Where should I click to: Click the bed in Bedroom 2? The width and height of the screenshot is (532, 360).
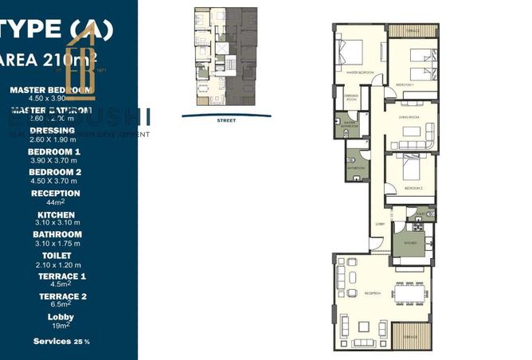tap(409, 171)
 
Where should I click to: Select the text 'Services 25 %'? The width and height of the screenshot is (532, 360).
tap(61, 341)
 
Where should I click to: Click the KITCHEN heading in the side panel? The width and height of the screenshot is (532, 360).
tap(56, 215)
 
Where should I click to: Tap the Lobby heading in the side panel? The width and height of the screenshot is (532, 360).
tap(56, 315)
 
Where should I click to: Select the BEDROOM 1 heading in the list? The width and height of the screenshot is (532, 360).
tap(54, 151)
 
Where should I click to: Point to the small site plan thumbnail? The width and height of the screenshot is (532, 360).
tap(225, 58)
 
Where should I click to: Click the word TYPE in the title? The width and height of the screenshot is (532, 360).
tap(30, 29)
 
